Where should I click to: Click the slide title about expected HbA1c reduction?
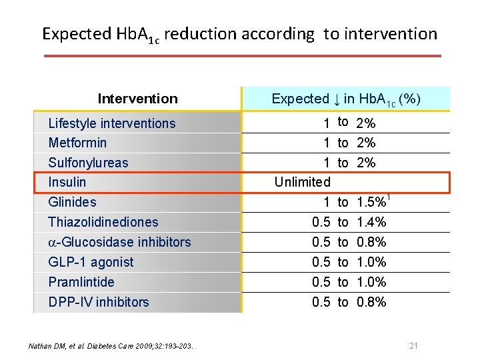coord(239,34)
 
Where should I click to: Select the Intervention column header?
coord(137,99)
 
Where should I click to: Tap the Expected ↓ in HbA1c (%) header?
coord(345,99)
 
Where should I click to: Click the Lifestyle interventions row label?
coord(112,123)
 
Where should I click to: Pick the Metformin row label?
coord(77,143)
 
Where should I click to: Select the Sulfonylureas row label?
coord(88,163)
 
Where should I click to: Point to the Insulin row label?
coord(67,182)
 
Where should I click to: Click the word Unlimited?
coord(303,182)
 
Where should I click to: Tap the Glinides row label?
coord(72,202)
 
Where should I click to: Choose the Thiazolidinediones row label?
coord(103,222)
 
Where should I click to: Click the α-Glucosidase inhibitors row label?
coord(119,242)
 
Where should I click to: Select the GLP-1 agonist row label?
coord(91,262)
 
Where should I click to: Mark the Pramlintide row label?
coord(81,282)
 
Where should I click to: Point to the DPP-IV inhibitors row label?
coord(99,302)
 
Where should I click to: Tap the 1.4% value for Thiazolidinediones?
coord(372,222)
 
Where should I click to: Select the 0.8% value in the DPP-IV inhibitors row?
coord(372,302)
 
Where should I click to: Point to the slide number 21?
coord(413,345)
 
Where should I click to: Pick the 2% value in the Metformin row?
coord(366,143)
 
